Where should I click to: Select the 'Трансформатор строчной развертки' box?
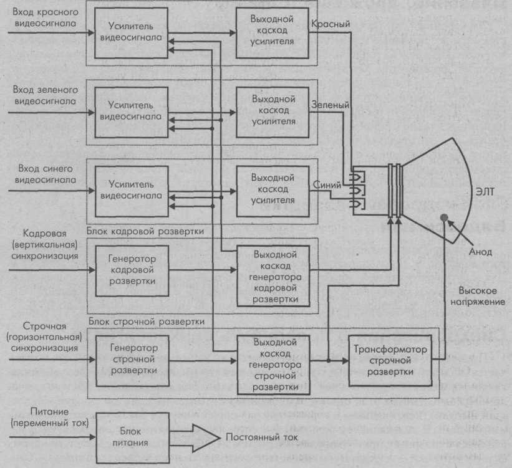click(x=390, y=360)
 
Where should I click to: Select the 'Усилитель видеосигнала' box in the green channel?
click(x=130, y=112)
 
